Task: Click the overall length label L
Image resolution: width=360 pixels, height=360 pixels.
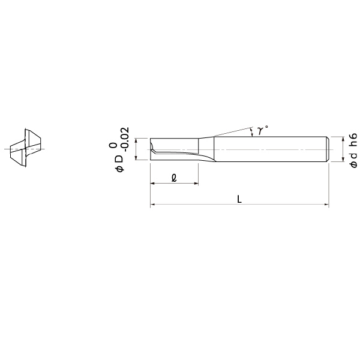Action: pyautogui.click(x=239, y=199)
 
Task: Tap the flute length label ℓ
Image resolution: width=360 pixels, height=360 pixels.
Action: pyautogui.click(x=173, y=178)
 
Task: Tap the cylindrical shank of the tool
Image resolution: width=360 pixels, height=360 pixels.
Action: pyautogui.click(x=270, y=148)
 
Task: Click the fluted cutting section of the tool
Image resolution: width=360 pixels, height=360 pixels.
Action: pyautogui.click(x=173, y=149)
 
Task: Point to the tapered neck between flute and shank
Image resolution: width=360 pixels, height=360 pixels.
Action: pyautogui.click(x=206, y=149)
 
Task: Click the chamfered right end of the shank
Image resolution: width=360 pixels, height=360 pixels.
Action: pyautogui.click(x=328, y=148)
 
